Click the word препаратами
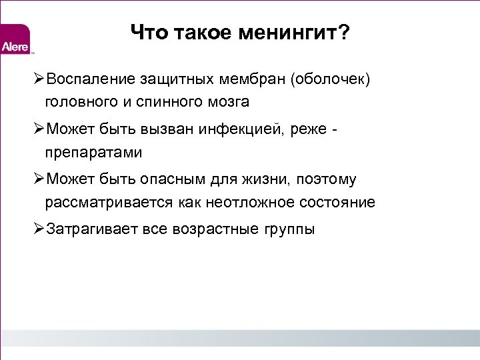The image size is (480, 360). click(x=94, y=153)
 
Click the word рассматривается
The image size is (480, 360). click(x=109, y=202)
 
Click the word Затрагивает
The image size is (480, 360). click(x=91, y=230)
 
